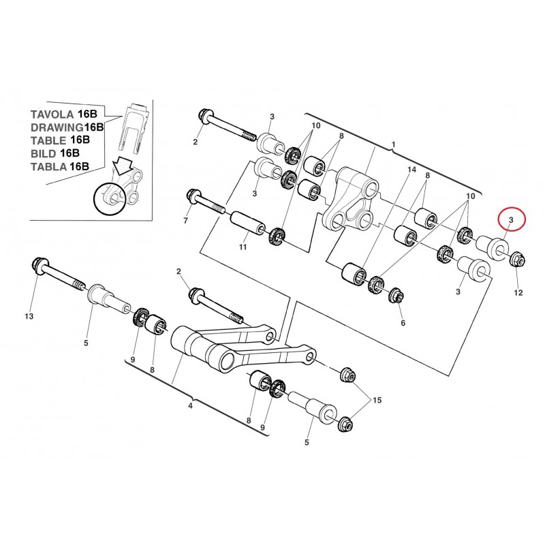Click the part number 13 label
coord(28,317)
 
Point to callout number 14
coord(411,169)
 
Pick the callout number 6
coord(403,322)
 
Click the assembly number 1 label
coord(393,144)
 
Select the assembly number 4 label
coord(190,407)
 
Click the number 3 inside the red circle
coord(512,219)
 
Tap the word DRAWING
coord(54,127)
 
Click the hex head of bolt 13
coord(37,263)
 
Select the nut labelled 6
coord(394,297)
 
